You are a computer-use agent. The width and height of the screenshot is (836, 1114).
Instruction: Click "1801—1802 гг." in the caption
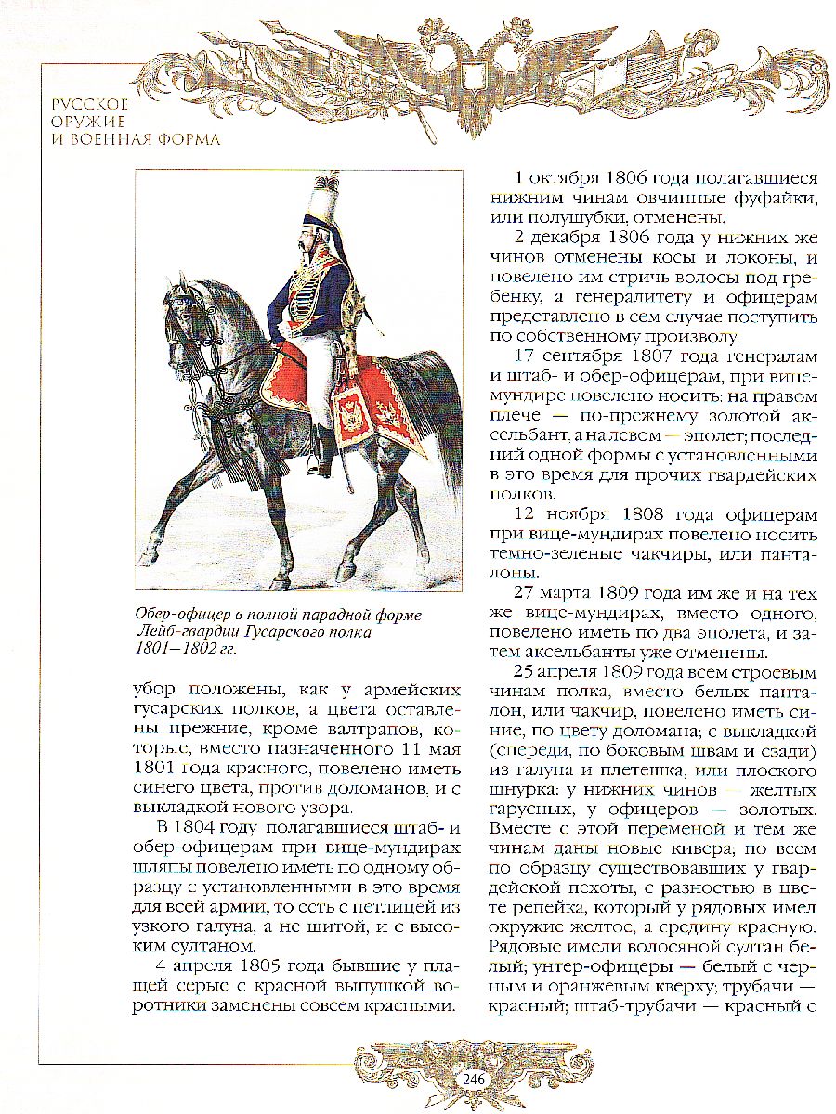pyautogui.click(x=186, y=650)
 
